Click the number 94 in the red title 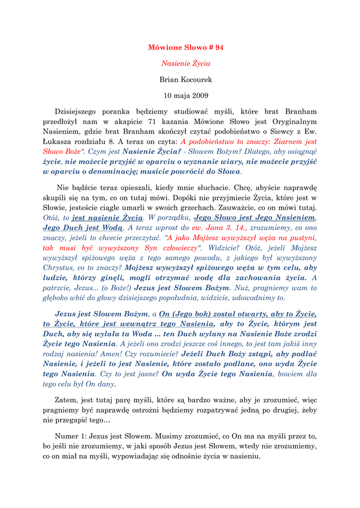click(x=218, y=48)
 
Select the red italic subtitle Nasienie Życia click(x=186, y=63)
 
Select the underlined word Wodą click(x=113, y=227)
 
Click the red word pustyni click(x=301, y=237)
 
